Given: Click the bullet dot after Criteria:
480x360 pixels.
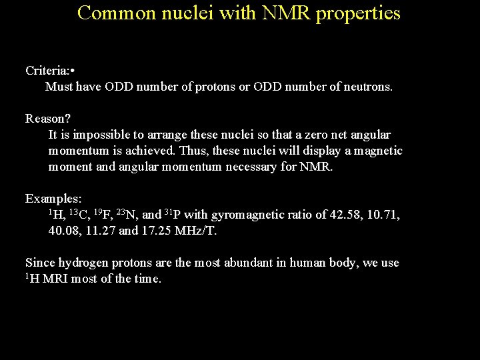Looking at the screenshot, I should (x=71, y=70).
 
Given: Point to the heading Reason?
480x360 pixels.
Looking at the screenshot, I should (x=48, y=119).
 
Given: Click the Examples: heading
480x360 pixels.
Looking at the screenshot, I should (x=53, y=199).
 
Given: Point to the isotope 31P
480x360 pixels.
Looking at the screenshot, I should (x=172, y=215).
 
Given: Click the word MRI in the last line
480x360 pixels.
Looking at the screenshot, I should (x=55, y=279).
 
